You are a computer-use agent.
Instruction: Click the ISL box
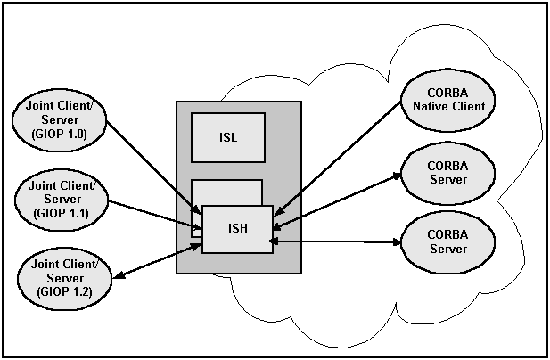click(228, 137)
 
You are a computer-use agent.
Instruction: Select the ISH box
click(236, 229)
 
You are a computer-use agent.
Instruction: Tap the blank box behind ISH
click(226, 192)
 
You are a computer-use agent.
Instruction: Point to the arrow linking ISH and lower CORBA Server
click(334, 241)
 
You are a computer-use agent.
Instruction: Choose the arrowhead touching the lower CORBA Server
click(394, 241)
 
